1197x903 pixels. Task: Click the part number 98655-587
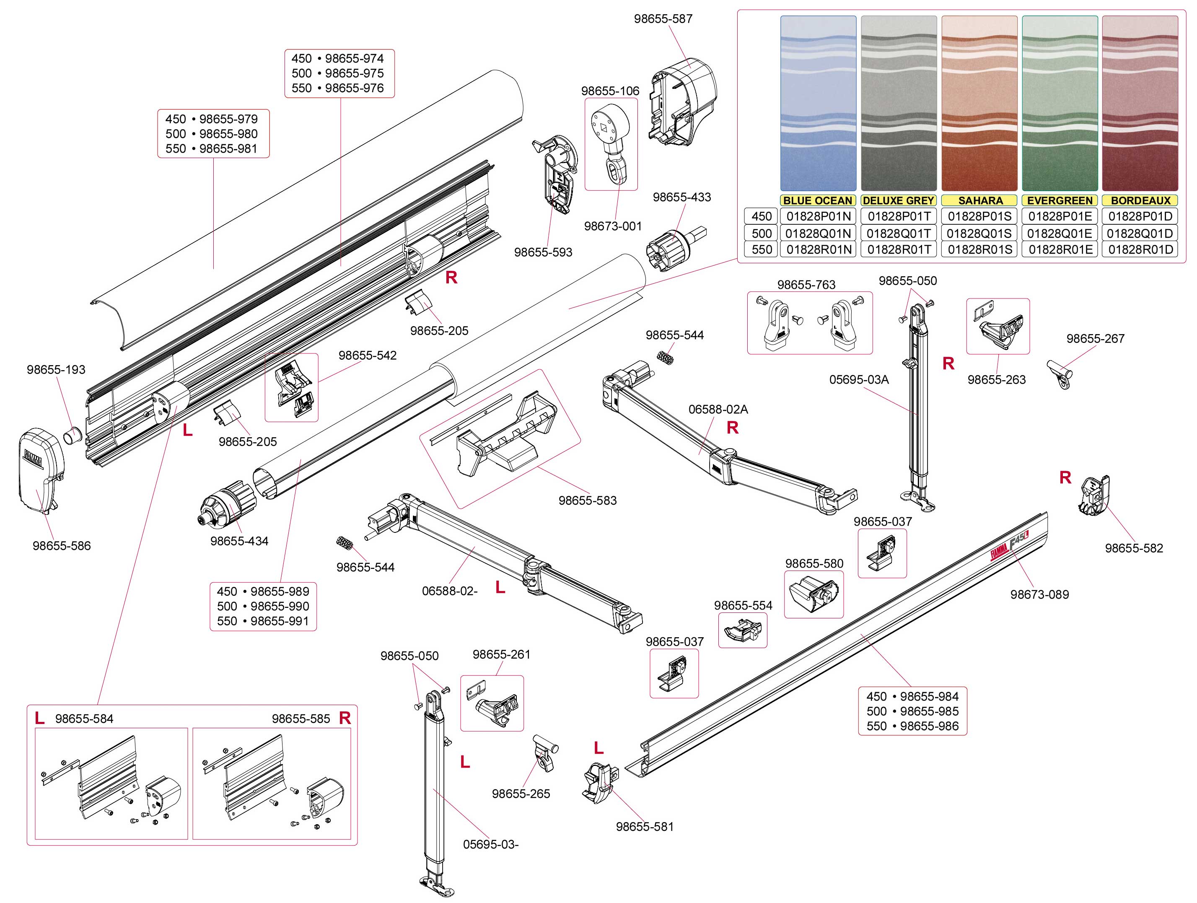point(663,19)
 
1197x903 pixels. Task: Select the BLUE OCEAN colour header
point(817,200)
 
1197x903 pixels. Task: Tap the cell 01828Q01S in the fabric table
point(979,234)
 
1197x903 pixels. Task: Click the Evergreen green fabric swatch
point(1060,103)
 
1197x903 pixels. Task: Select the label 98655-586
point(62,546)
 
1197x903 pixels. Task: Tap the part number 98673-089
point(1039,594)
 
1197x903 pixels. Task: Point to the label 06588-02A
point(718,409)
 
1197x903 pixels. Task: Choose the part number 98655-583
point(588,501)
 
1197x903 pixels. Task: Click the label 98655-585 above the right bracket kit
point(301,719)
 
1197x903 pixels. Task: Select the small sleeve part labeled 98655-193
point(73,435)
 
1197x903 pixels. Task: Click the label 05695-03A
point(859,379)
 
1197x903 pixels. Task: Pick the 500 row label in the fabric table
point(762,234)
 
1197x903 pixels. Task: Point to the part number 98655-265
point(521,794)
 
